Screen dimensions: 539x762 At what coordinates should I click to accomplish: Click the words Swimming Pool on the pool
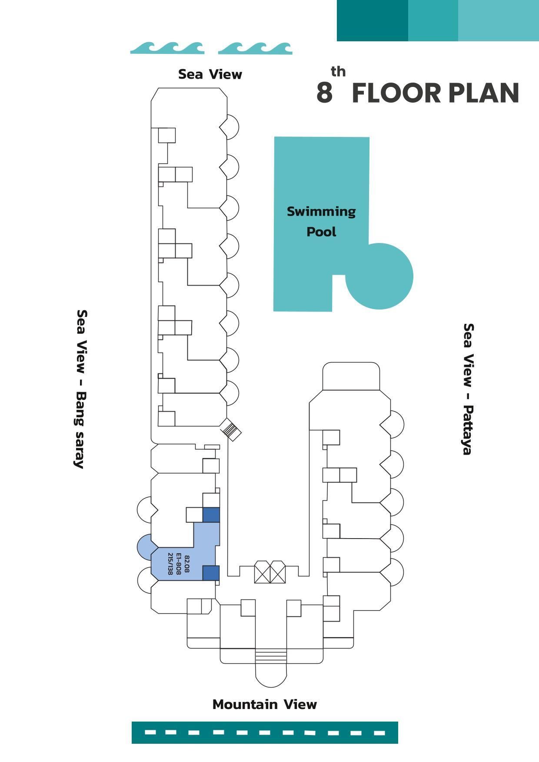[321, 221]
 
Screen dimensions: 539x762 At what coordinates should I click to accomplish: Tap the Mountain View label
[264, 704]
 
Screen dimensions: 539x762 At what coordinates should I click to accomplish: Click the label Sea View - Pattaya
[468, 389]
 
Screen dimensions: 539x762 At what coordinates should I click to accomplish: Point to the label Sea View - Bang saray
[80, 389]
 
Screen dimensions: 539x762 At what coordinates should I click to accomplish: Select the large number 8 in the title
[324, 93]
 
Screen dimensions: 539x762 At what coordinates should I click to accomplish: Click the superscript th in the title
[338, 71]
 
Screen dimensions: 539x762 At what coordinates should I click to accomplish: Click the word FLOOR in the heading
[396, 93]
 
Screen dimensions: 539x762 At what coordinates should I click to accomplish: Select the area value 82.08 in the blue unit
[187, 563]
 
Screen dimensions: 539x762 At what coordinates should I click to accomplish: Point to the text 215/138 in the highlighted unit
[170, 563]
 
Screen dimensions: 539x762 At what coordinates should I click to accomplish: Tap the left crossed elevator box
[262, 572]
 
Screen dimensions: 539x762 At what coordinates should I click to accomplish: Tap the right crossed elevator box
[278, 572]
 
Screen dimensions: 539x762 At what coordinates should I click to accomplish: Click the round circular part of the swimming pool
[379, 276]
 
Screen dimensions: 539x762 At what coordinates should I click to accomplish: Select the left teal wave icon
[167, 48]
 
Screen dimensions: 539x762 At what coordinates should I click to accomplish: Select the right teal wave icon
[255, 48]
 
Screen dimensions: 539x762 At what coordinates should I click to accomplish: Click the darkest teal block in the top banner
[373, 20]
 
